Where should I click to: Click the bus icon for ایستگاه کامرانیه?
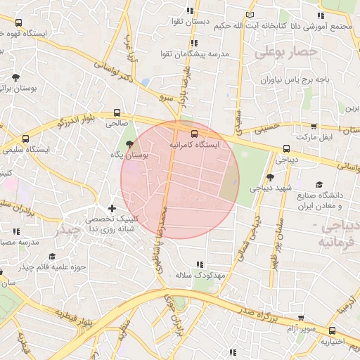click(x=193, y=133)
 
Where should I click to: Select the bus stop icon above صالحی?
click(x=117, y=112)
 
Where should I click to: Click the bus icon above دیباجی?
click(x=285, y=148)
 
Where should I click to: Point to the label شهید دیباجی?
click(x=271, y=188)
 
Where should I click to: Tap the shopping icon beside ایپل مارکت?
click(x=313, y=127)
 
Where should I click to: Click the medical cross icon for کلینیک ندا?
click(x=111, y=208)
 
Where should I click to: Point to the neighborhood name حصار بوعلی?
click(x=286, y=52)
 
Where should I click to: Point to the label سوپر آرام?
click(x=301, y=329)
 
